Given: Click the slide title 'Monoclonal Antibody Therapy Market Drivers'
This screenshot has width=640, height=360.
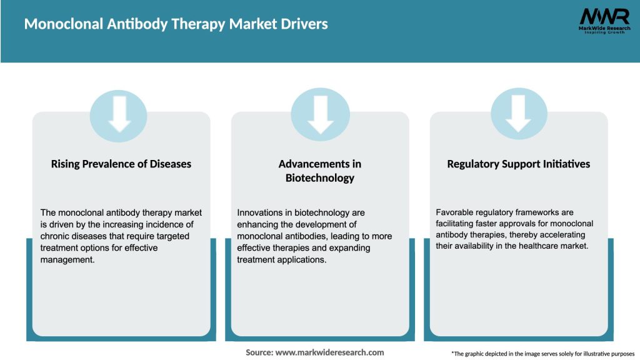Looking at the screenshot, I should click(x=176, y=25).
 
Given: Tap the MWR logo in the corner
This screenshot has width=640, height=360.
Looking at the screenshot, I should click(x=604, y=16).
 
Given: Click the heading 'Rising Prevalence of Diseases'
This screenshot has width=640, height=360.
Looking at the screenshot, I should click(x=121, y=164).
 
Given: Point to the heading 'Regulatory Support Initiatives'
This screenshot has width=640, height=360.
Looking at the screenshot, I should click(x=518, y=164).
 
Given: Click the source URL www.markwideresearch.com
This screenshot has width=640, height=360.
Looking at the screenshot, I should click(x=329, y=352).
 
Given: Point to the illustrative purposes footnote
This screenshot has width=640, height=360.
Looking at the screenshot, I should click(x=542, y=354).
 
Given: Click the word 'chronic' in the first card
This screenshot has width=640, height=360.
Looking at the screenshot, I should click(x=55, y=236).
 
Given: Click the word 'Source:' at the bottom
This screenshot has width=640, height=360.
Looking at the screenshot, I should click(x=259, y=352).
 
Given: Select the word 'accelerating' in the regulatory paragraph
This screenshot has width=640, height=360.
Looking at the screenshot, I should click(x=561, y=234).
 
